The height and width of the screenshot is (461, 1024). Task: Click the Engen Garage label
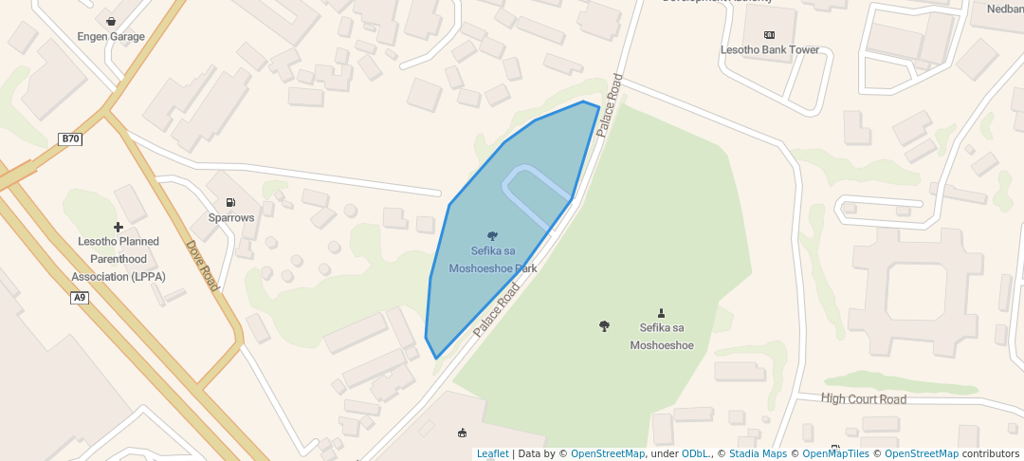(111, 37)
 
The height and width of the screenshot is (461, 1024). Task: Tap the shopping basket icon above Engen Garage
(112, 21)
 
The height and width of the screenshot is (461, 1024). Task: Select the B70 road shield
(71, 139)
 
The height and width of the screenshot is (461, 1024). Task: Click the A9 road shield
(80, 298)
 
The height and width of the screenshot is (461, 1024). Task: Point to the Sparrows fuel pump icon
(230, 202)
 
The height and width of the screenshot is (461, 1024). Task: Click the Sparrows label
(231, 218)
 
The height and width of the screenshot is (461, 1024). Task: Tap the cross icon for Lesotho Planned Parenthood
(119, 227)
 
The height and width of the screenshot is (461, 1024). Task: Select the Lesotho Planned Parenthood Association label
(119, 259)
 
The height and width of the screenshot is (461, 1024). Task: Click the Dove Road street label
(203, 265)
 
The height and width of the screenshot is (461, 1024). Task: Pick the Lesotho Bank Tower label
(769, 50)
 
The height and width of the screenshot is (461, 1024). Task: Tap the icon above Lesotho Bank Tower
(769, 35)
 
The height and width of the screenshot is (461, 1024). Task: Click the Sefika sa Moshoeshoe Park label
(493, 260)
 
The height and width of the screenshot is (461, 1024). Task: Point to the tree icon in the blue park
(493, 235)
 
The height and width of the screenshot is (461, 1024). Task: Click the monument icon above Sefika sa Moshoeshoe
(661, 312)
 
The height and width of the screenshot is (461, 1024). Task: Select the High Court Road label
(864, 399)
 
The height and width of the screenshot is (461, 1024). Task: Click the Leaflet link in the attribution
(492, 454)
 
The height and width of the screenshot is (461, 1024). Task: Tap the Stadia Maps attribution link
(757, 454)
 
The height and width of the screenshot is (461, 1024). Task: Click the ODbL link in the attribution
(696, 454)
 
